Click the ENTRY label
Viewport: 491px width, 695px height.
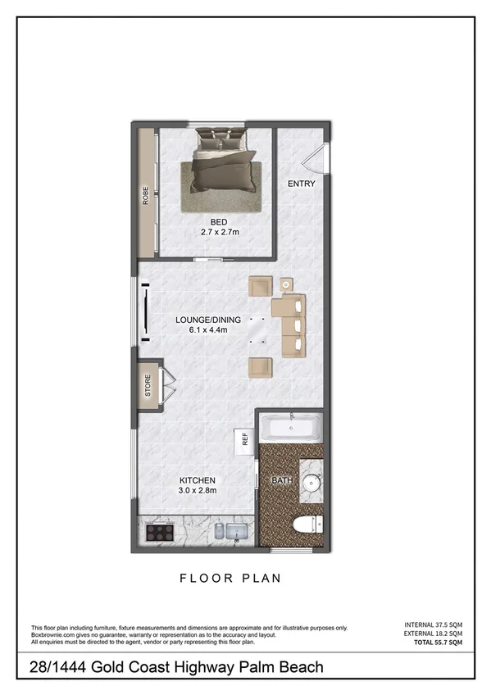(x=301, y=184)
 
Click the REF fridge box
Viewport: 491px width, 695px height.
(x=244, y=439)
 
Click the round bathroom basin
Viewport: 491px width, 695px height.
(x=310, y=483)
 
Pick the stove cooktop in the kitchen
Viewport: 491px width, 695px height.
(x=159, y=531)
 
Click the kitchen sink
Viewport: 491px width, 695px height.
(x=231, y=531)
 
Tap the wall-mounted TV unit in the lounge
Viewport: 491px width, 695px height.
(x=148, y=311)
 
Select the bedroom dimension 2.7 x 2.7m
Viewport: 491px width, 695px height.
(x=219, y=232)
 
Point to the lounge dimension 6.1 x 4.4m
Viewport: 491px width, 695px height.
(x=208, y=330)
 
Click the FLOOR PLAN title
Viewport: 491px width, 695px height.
(x=230, y=578)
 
